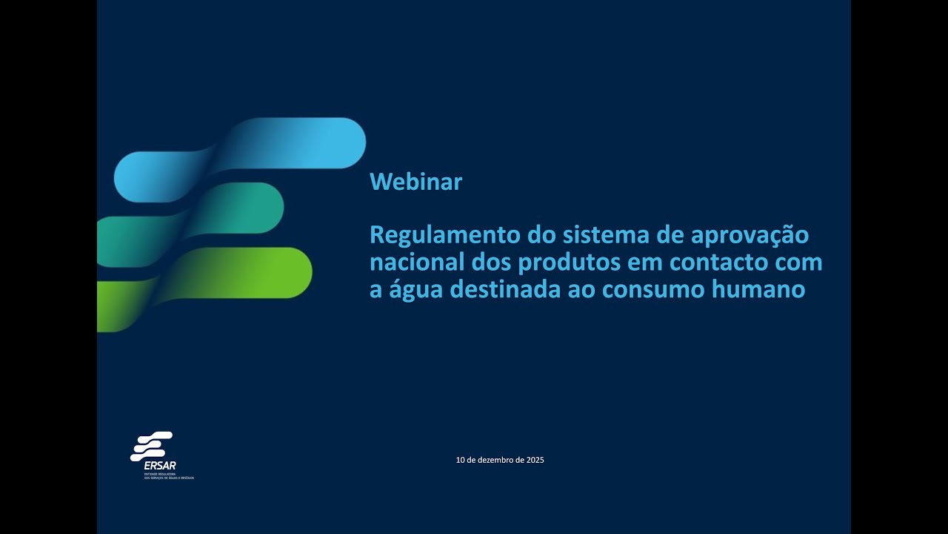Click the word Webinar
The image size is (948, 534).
click(x=415, y=182)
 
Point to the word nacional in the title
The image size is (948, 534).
click(x=417, y=263)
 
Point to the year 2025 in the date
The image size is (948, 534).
click(x=535, y=461)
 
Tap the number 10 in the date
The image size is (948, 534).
click(x=460, y=461)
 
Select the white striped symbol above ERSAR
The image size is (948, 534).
click(x=152, y=446)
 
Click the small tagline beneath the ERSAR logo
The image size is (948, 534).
click(x=169, y=477)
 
